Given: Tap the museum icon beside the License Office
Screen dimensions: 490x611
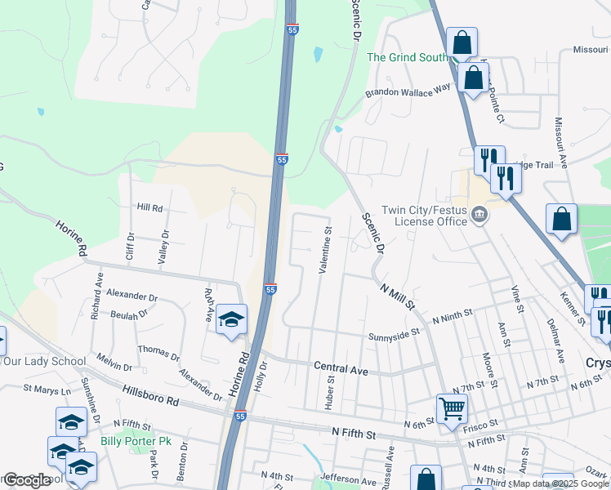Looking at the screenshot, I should [x=479, y=216].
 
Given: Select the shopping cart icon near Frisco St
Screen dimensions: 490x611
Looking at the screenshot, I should [x=451, y=407].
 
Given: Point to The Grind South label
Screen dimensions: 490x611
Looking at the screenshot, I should [x=407, y=57].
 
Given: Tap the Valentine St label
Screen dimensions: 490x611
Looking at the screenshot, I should [x=327, y=249].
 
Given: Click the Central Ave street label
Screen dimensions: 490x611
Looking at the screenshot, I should [x=341, y=369].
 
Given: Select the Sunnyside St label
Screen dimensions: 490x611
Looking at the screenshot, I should [x=393, y=333].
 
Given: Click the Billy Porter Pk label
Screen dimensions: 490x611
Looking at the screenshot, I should [x=136, y=441].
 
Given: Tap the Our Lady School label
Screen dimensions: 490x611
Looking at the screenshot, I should [x=45, y=361].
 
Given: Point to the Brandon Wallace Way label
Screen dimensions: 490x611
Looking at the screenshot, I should [x=408, y=92].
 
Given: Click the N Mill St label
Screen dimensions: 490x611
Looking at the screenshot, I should [x=399, y=296].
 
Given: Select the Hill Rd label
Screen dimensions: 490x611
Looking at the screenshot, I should [x=150, y=207].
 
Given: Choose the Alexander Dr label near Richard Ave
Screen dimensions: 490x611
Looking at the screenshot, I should [x=132, y=296].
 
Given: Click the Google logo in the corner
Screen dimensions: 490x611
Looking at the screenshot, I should [x=26, y=480].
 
